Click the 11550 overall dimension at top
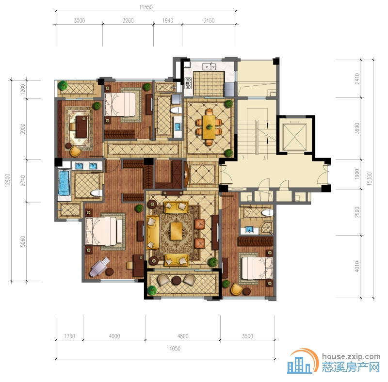pos(146,7)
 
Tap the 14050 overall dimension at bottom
pos(174,349)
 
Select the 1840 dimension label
pos(167,20)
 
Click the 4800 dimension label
pos(183,336)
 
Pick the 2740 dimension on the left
pos(23,181)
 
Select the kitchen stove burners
pos(188,83)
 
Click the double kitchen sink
pos(209,67)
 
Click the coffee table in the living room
pos(176,231)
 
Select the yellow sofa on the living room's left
pos(152,232)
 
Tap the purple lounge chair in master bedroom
pos(99,267)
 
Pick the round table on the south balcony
pos(177,281)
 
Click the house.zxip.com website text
pos(351,357)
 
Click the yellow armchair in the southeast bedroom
pos(236,289)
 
